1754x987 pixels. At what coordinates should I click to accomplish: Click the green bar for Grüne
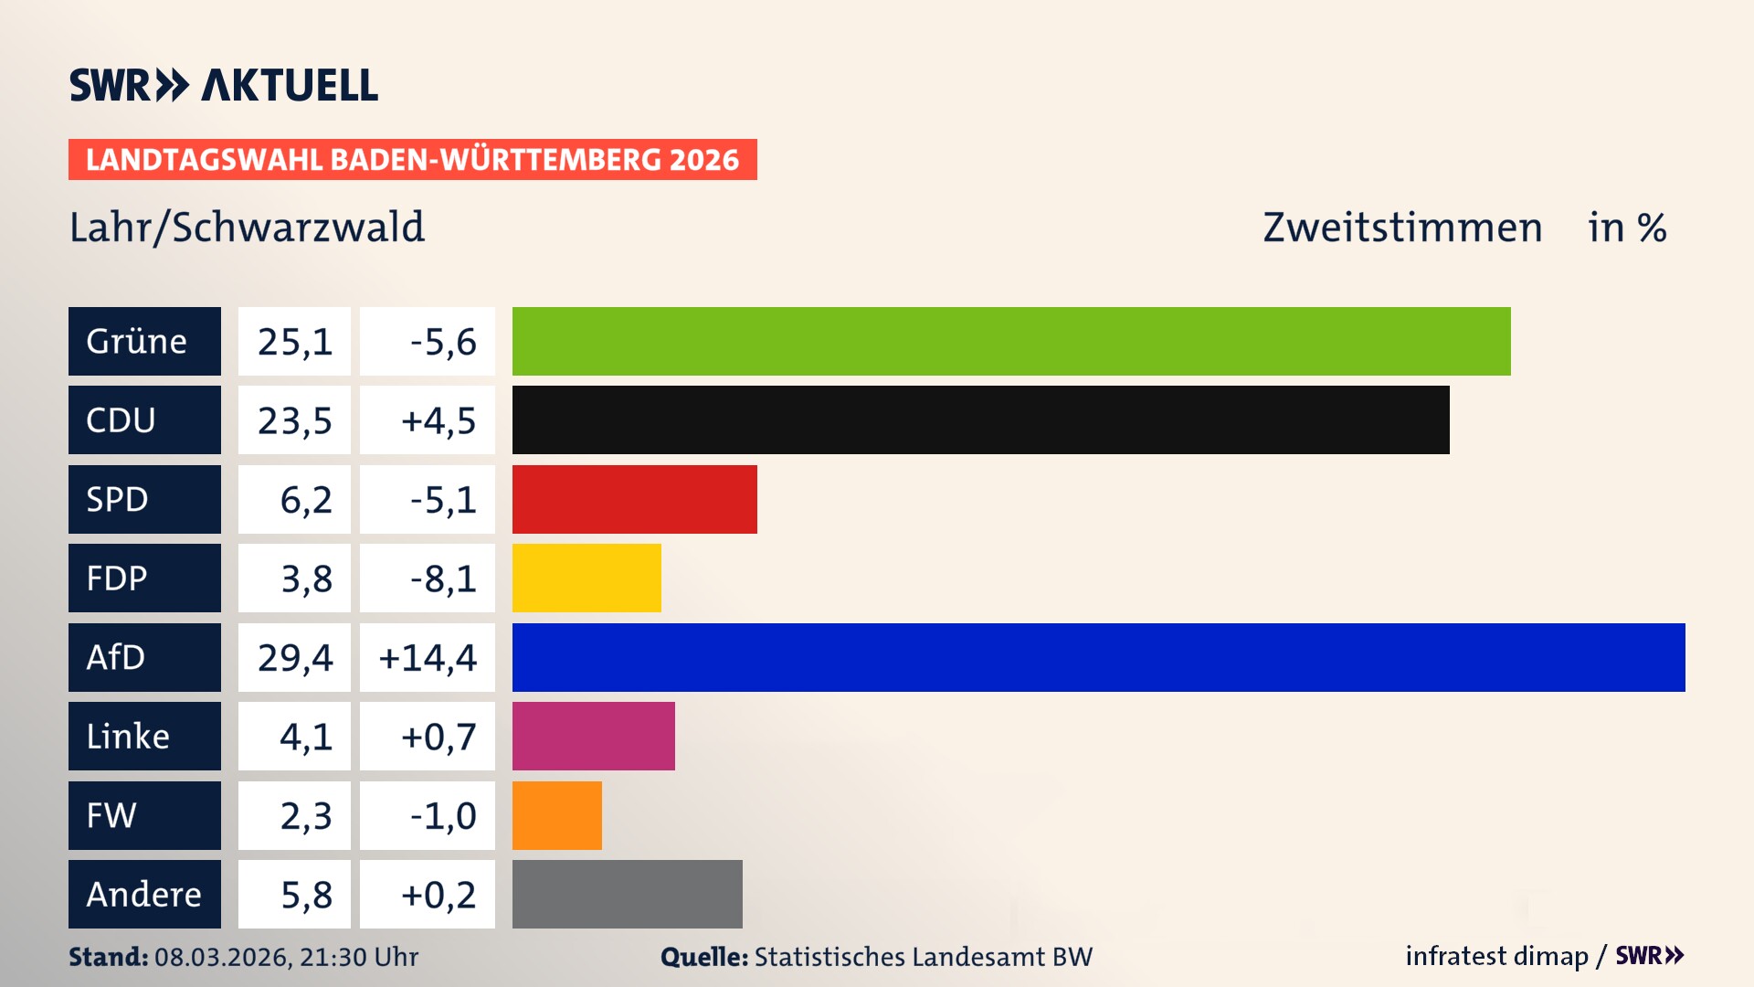pyautogui.click(x=1011, y=341)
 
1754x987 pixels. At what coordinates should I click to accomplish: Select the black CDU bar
pyautogui.click(x=980, y=419)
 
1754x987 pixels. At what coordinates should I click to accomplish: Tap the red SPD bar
pyautogui.click(x=634, y=499)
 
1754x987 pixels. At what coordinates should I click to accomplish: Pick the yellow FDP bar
pyautogui.click(x=586, y=578)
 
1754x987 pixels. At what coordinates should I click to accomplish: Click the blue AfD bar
pyautogui.click(x=1098, y=657)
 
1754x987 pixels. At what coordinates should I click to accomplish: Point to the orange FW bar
pyautogui.click(x=556, y=815)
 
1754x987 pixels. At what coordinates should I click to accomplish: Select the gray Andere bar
pyautogui.click(x=627, y=894)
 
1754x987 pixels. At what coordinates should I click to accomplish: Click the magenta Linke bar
pyautogui.click(x=593, y=736)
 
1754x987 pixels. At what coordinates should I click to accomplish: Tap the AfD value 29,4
pyautogui.click(x=294, y=657)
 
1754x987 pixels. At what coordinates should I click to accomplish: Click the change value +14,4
pyautogui.click(x=428, y=657)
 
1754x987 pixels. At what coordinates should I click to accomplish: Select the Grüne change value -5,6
pyautogui.click(x=442, y=341)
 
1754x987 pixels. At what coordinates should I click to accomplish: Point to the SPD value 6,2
pyautogui.click(x=305, y=499)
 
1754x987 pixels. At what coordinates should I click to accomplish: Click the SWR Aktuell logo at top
pyautogui.click(x=224, y=85)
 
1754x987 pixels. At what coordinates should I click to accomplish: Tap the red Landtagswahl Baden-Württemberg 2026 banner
pyautogui.click(x=412, y=159)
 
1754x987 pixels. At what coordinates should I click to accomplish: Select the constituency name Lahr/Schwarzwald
pyautogui.click(x=247, y=227)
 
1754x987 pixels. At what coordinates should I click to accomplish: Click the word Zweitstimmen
pyautogui.click(x=1402, y=227)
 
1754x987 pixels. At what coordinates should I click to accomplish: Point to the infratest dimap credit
pyautogui.click(x=1496, y=956)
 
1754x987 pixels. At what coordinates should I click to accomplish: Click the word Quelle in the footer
pyautogui.click(x=703, y=957)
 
